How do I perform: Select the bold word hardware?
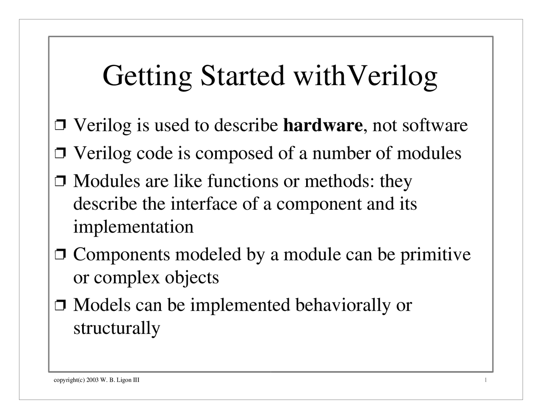322,125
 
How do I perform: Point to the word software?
435,125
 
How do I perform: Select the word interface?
204,204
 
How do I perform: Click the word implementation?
133,227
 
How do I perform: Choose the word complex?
127,278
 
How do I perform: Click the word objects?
191,278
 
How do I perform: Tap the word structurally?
117,328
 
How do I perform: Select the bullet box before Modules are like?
61,182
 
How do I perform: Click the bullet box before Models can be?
61,305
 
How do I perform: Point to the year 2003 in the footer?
93,380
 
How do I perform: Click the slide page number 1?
486,380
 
